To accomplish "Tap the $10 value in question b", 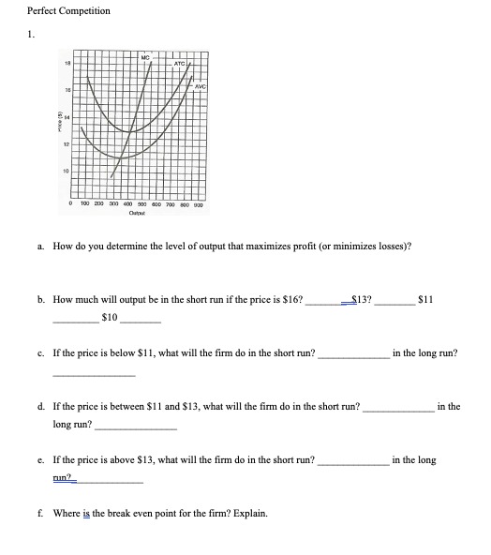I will pyautogui.click(x=110, y=317).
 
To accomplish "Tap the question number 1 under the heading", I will pyautogui.click(x=30, y=36).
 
